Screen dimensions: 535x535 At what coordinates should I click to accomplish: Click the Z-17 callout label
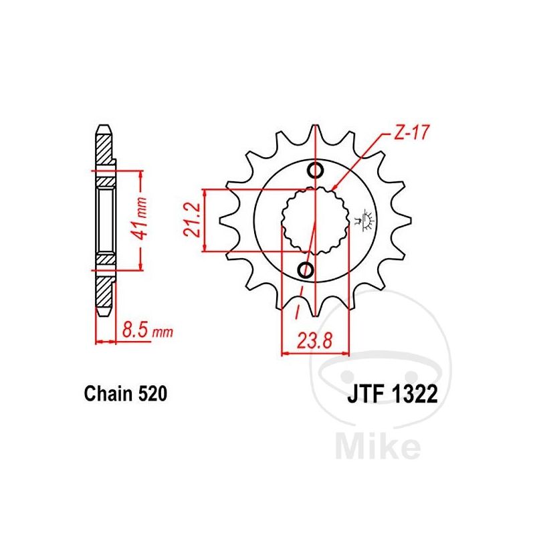pyautogui.click(x=411, y=132)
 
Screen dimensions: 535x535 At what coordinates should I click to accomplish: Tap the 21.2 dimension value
pyautogui.click(x=191, y=219)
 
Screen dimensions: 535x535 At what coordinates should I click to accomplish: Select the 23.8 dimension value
pyautogui.click(x=314, y=340)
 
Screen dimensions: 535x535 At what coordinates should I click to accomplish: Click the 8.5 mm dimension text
pyautogui.click(x=147, y=330)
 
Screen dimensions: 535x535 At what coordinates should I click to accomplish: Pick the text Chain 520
pyautogui.click(x=126, y=394)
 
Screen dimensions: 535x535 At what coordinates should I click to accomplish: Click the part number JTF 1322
pyautogui.click(x=393, y=395)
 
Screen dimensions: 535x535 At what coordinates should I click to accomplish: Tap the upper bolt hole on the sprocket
pyautogui.click(x=315, y=171)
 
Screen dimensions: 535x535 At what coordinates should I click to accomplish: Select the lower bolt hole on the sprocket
pyautogui.click(x=306, y=270)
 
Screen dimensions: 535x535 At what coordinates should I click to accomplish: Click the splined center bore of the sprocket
pyautogui.click(x=315, y=221)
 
